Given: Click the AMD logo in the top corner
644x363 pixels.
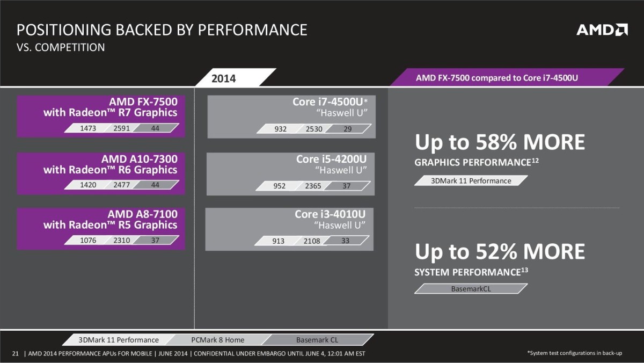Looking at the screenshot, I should coord(602,30).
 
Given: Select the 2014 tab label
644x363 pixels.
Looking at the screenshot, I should coord(223,78).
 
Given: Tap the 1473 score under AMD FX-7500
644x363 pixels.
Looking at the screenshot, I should coord(87,128).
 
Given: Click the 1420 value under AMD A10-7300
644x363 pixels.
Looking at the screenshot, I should coord(87,185).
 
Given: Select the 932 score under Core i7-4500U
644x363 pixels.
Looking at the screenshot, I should coord(280,129).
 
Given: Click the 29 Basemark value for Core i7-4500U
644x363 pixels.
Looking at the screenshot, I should coord(347,129).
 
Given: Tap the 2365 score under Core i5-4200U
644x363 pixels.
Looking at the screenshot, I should coord(313,186).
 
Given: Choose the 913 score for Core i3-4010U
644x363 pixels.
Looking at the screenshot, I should coord(278,241).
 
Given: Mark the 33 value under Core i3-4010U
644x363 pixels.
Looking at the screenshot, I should coord(345,241).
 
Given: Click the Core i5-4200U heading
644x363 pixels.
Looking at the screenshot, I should coord(331,159).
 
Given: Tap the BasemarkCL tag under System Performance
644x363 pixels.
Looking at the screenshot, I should coord(471,288).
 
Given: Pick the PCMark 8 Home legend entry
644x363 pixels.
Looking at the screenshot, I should coord(217,339).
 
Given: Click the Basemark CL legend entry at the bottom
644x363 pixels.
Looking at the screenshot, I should coord(317,339).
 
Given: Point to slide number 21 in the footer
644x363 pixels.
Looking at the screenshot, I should coord(15,353).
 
